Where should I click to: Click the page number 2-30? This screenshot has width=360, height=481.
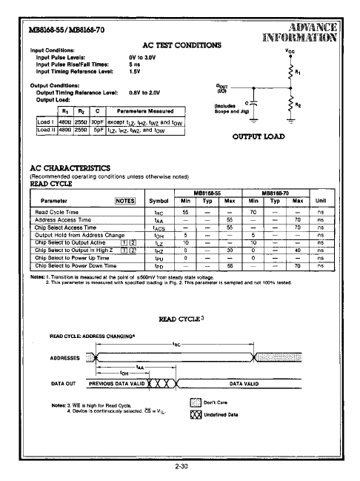point(181,466)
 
